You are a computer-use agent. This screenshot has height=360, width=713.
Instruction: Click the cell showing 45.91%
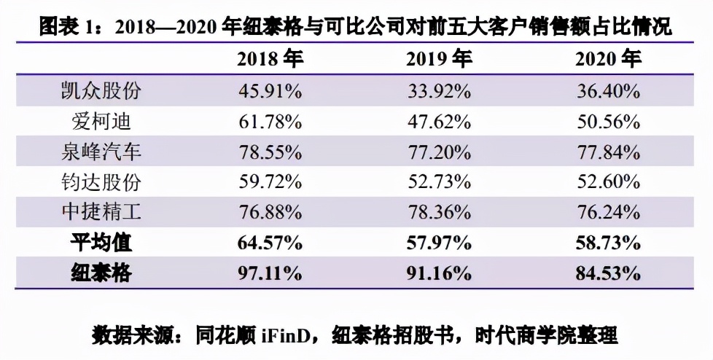[270, 92]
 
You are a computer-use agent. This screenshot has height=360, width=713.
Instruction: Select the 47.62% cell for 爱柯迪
[439, 122]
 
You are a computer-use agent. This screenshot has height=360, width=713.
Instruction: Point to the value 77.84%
[608, 152]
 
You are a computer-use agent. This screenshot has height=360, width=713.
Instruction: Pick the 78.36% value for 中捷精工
[439, 213]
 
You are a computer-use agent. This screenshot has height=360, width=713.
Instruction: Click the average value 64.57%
[270, 243]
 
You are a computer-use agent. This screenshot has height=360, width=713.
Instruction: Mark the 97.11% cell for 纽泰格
[270, 274]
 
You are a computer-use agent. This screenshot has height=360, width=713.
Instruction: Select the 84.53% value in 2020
[608, 274]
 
